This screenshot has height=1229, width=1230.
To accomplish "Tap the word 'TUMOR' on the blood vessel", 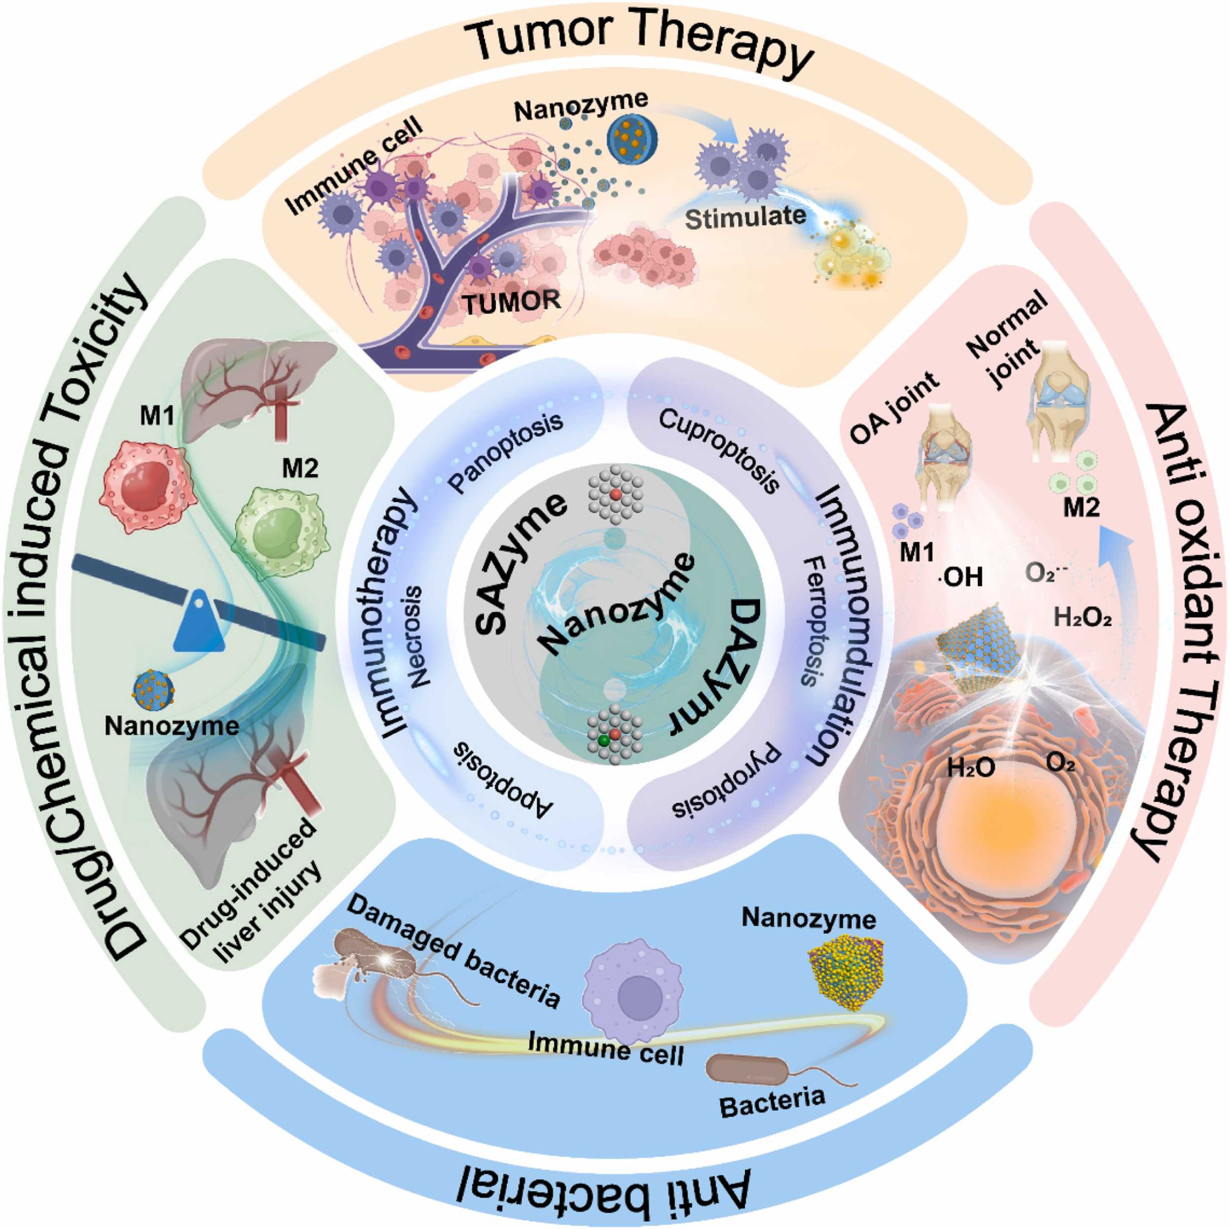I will pos(511,301).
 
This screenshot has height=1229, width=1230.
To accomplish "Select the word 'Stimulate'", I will pos(745,218).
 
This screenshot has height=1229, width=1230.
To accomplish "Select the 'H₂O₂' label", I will pos(1082,618).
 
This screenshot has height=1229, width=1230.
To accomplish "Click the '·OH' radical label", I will pos(961,577).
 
